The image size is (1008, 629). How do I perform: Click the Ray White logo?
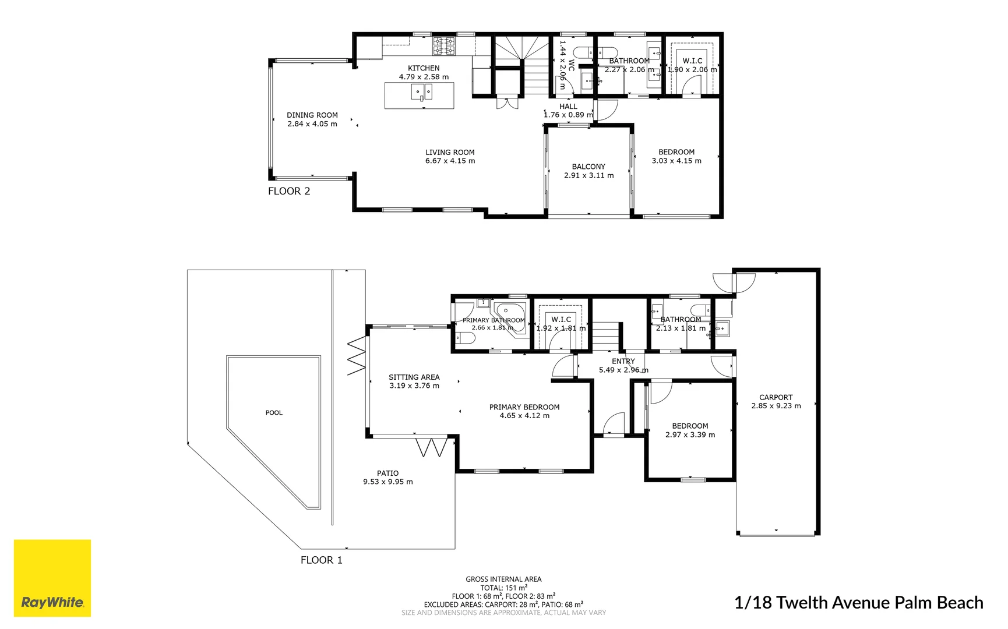[x=52, y=578]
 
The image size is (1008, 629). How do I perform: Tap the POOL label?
[x=274, y=413]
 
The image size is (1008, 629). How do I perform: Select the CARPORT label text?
[x=776, y=397]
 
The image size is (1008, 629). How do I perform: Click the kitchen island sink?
[x=421, y=93]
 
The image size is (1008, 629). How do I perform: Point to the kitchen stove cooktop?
[x=443, y=46]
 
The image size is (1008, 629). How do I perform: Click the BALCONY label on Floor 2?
[x=588, y=167]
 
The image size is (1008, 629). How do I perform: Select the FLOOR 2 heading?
[x=289, y=191]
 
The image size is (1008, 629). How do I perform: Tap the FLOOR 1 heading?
[x=321, y=560]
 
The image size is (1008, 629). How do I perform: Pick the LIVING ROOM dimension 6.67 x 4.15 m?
[x=450, y=161]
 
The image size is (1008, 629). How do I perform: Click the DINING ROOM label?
[x=312, y=115]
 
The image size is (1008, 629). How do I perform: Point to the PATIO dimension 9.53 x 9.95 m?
[x=387, y=482]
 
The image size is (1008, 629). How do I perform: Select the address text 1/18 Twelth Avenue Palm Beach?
[x=858, y=602]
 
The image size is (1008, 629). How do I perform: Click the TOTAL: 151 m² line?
[x=503, y=588]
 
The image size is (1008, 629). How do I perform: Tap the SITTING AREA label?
[x=414, y=377]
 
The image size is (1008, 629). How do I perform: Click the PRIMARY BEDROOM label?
[x=524, y=407]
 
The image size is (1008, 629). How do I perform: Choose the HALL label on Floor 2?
[x=568, y=107]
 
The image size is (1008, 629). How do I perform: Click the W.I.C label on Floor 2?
[x=692, y=61]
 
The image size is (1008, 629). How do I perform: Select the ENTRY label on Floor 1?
[x=623, y=362]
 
